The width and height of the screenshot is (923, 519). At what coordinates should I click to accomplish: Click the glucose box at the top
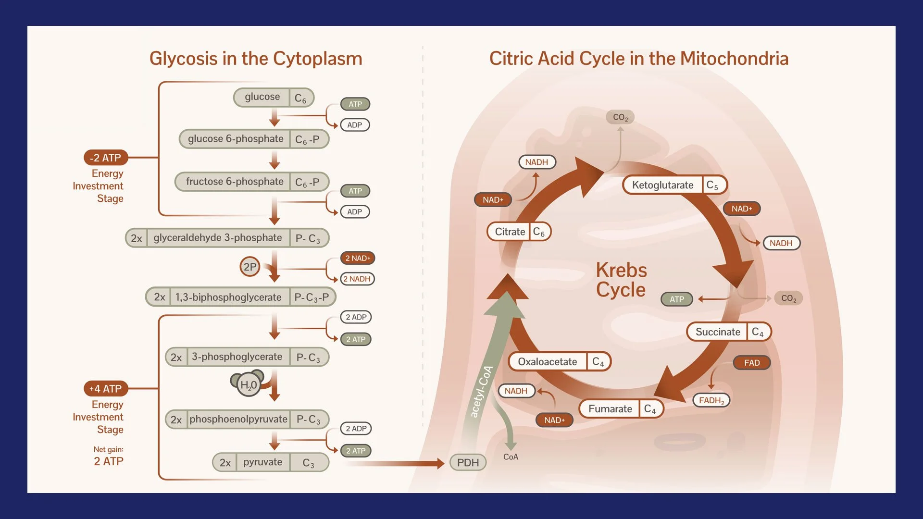[x=274, y=98]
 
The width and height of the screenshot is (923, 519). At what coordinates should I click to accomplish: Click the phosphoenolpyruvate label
[x=238, y=419]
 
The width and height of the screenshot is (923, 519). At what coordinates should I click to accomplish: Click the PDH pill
[x=468, y=462]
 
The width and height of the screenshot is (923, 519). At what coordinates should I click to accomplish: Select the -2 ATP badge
[x=106, y=158]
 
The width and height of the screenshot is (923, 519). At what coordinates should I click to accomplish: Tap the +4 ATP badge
[x=106, y=388]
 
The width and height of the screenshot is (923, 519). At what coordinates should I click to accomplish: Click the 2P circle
[x=249, y=267]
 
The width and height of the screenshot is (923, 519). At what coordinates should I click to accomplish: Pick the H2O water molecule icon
[x=249, y=384]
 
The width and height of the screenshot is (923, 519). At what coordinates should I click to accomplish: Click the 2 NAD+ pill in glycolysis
[x=357, y=258]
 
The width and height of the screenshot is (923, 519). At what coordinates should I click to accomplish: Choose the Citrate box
[x=519, y=232]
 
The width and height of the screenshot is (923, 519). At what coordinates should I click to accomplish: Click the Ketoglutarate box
[x=674, y=185]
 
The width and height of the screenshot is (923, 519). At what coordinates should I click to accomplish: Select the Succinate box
[x=728, y=332]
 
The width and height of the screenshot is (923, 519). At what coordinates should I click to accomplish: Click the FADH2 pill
[x=711, y=400]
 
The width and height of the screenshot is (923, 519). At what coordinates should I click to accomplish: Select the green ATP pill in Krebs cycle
[x=676, y=299]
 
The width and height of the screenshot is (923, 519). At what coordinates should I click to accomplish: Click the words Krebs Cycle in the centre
[x=621, y=280]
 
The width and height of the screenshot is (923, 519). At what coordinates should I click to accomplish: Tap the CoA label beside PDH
[x=511, y=457]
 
